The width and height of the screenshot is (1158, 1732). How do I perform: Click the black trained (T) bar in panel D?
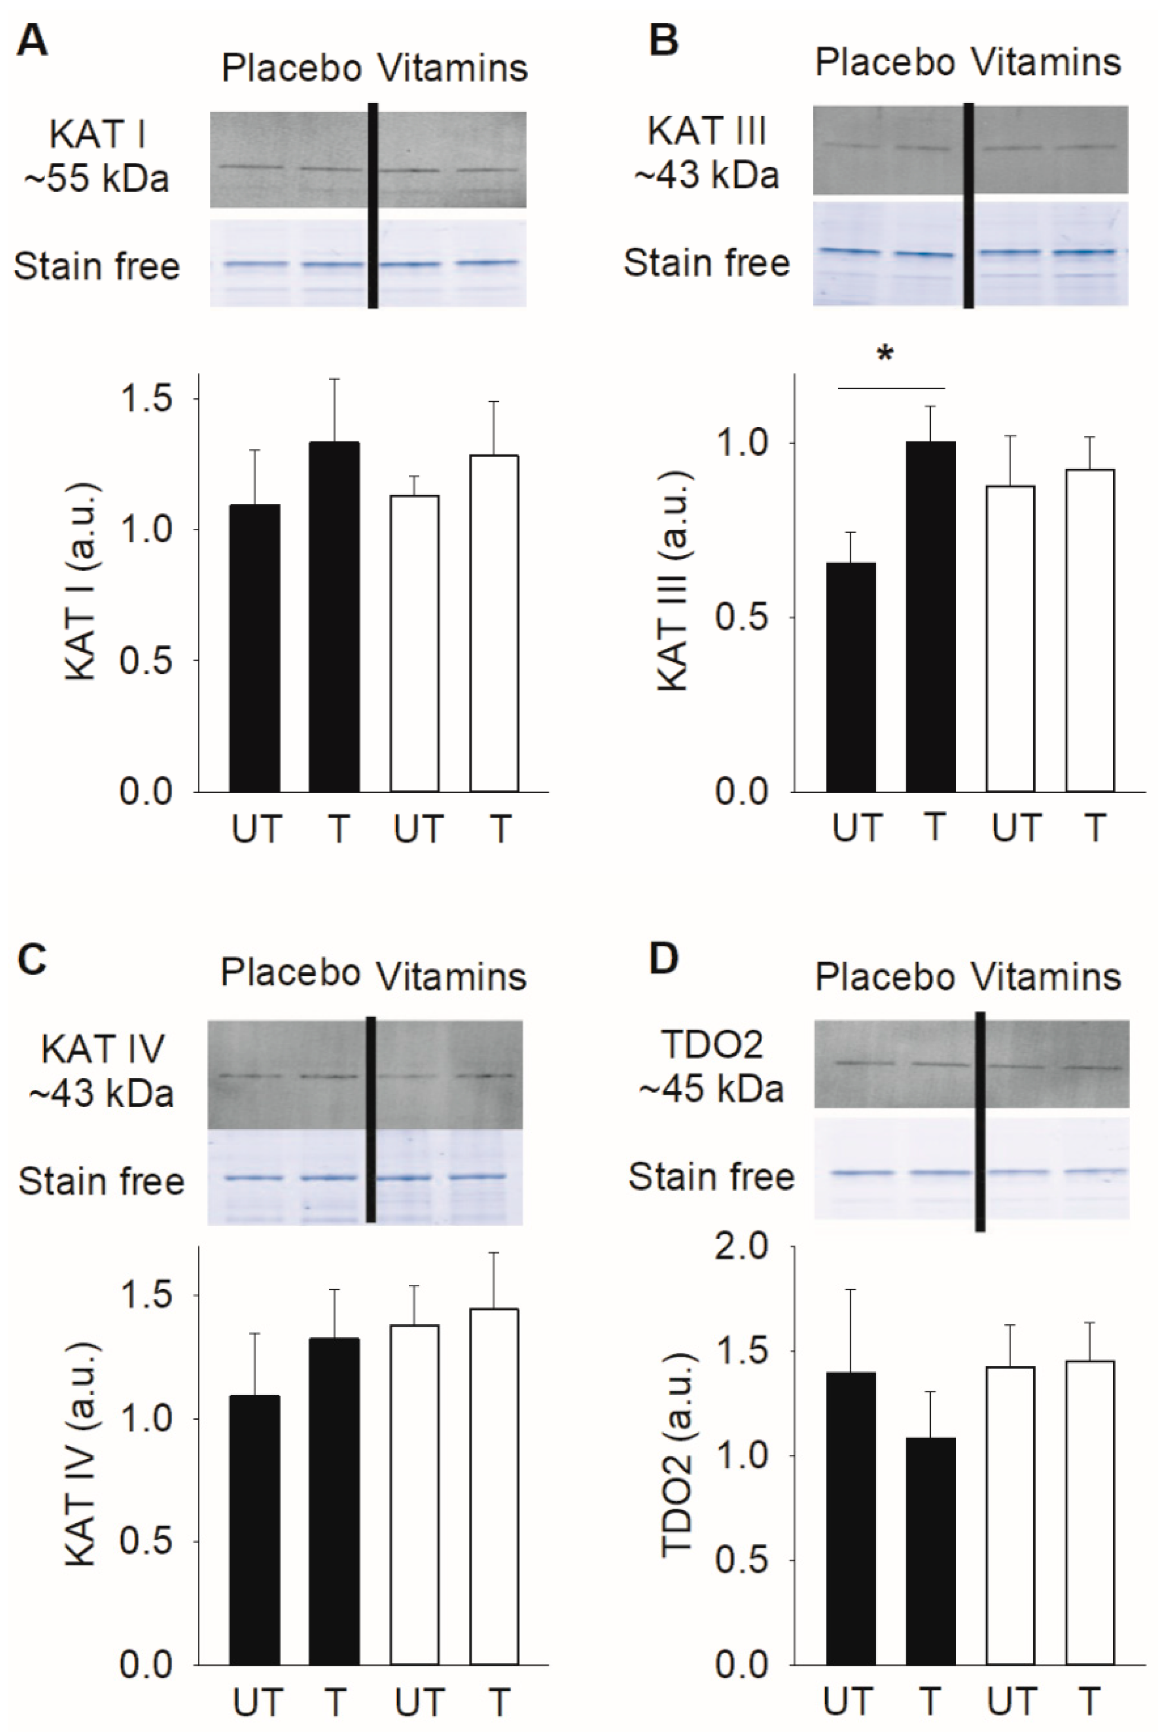tap(930, 1550)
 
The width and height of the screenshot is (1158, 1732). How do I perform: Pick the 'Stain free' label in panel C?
tap(101, 1182)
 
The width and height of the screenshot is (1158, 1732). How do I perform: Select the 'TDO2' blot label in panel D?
tap(712, 1045)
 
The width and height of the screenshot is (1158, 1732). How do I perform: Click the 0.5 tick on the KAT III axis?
tap(741, 618)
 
